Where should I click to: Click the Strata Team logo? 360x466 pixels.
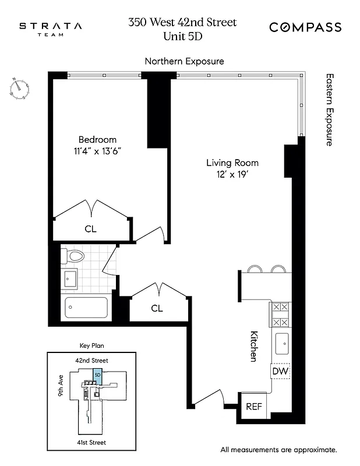pyautogui.click(x=50, y=29)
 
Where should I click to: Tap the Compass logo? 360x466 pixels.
pyautogui.click(x=305, y=27)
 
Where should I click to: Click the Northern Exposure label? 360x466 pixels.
pyautogui.click(x=184, y=61)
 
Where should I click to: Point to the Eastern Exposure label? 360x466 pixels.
pyautogui.click(x=329, y=109)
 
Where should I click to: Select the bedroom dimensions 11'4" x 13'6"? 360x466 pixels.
pyautogui.click(x=97, y=151)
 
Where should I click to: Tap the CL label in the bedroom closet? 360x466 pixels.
pyautogui.click(x=90, y=229)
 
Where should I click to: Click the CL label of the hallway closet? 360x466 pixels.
pyautogui.click(x=157, y=308)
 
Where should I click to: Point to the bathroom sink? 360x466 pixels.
pyautogui.click(x=70, y=279)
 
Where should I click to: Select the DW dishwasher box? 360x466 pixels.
pyautogui.click(x=280, y=371)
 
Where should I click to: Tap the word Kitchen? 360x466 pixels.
pyautogui.click(x=254, y=346)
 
